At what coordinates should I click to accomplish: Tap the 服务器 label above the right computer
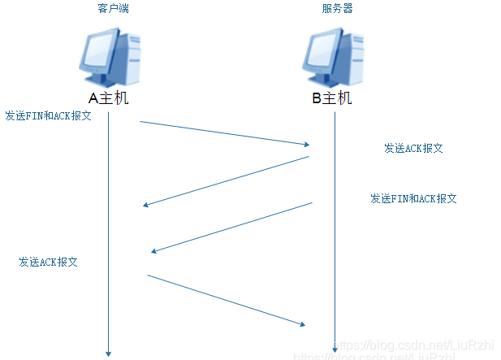[337, 8]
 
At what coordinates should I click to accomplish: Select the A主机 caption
[108, 98]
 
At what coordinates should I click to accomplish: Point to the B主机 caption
[332, 98]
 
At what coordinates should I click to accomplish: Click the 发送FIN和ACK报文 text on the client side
[48, 115]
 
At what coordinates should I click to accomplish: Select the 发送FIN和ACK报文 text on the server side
[413, 198]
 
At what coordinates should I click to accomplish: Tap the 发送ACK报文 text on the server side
[413, 149]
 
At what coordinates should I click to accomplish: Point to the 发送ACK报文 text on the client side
[49, 262]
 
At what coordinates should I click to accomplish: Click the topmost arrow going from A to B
[223, 133]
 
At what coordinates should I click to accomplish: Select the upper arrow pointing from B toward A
[226, 180]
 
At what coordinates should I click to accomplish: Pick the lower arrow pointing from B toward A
[232, 228]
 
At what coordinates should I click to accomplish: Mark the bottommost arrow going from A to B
[226, 300]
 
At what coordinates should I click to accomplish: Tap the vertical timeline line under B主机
[335, 244]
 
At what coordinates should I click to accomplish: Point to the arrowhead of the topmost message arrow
[307, 145]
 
